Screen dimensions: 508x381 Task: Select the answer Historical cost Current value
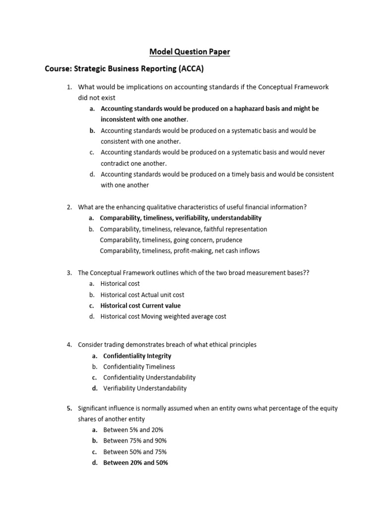[x=140, y=306]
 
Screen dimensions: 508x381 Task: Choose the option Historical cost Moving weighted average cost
[x=163, y=317]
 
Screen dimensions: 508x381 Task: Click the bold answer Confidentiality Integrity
[x=137, y=356]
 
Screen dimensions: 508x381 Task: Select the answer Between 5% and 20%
[x=133, y=430]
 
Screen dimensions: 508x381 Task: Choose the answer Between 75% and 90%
[x=135, y=441]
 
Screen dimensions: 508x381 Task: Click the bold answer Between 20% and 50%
[x=135, y=462]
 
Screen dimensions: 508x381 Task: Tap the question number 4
[x=69, y=344]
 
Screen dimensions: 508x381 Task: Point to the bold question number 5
[x=69, y=408]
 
